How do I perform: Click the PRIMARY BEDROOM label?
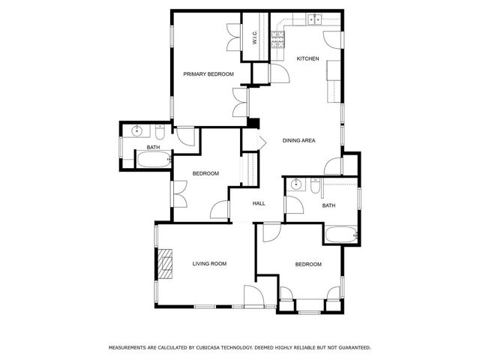(208, 73)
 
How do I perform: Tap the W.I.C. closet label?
(255, 37)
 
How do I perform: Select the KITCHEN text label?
(307, 58)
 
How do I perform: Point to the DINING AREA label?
(298, 140)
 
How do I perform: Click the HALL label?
(259, 203)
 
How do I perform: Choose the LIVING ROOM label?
(209, 263)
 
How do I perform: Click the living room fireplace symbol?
(164, 263)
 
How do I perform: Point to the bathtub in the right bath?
(342, 235)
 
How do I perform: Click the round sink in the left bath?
(137, 132)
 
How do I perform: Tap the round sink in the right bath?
(297, 184)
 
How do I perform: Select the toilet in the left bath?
(160, 133)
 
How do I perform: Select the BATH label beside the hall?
(328, 205)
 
